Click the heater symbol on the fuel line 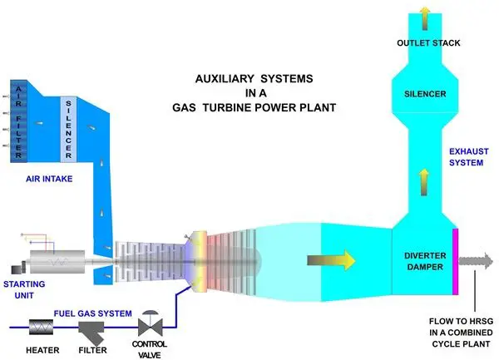point(40,327)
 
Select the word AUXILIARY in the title point(223,80)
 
